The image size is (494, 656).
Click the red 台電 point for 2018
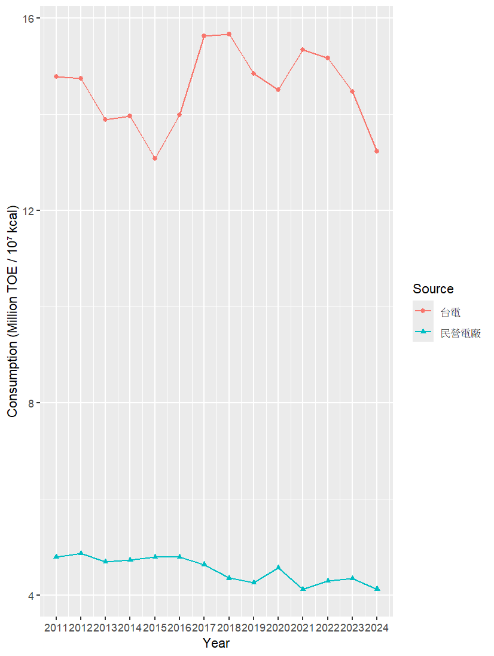(229, 34)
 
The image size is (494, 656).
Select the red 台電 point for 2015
(155, 158)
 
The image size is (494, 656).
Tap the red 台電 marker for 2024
(377, 151)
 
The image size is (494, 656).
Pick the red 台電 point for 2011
(56, 76)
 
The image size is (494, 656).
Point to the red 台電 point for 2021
(303, 50)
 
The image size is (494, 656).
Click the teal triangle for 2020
(278, 567)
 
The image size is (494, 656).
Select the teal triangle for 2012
(81, 553)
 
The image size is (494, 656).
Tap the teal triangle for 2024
(377, 589)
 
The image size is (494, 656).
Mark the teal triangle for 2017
(204, 564)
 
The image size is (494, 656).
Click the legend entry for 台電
(450, 311)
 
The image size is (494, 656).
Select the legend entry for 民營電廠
(461, 333)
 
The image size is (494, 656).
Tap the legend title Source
(433, 289)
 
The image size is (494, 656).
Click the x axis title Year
(216, 643)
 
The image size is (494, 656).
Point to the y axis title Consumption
(13, 312)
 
